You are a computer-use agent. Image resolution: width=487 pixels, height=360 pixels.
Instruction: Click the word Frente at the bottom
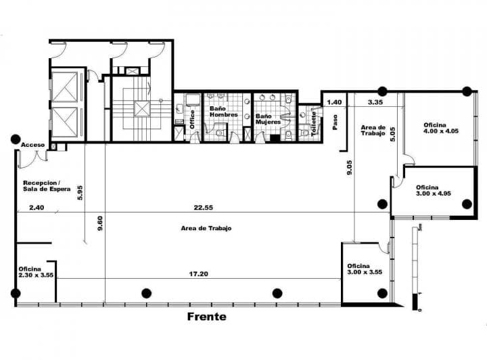pyautogui.click(x=206, y=317)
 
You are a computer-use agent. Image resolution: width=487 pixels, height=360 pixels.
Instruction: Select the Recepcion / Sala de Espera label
pyautogui.click(x=42, y=186)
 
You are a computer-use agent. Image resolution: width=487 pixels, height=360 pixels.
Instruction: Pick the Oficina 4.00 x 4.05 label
pyautogui.click(x=441, y=129)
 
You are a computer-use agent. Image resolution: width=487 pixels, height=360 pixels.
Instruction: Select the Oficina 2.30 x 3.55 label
pyautogui.click(x=36, y=272)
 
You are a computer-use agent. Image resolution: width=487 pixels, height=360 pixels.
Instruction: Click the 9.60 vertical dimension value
pyautogui.click(x=100, y=223)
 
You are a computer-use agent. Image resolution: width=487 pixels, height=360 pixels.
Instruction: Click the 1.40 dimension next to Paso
pyautogui.click(x=334, y=102)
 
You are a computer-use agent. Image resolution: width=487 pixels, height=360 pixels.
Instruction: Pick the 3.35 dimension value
pyautogui.click(x=376, y=102)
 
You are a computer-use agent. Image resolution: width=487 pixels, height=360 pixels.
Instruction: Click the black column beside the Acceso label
pyautogui.click(x=15, y=139)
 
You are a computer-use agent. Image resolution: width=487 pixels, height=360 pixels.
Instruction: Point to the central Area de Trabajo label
pyautogui.click(x=206, y=228)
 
